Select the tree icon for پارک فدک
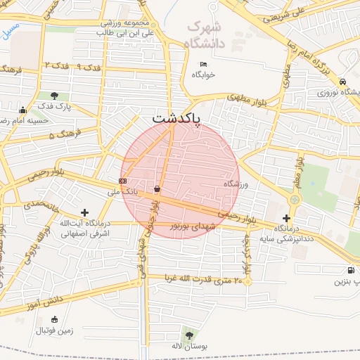tap(54, 96)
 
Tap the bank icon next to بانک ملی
tap(123, 181)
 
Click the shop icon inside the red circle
tap(157, 188)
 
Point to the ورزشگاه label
tap(237, 183)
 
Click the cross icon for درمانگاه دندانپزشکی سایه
tap(286, 218)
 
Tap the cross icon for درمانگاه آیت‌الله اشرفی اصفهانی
tap(85, 212)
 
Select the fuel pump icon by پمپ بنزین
tap(350, 270)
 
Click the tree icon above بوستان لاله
tap(188, 333)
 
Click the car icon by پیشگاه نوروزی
tap(341, 80)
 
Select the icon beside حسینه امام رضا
tap(22, 110)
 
